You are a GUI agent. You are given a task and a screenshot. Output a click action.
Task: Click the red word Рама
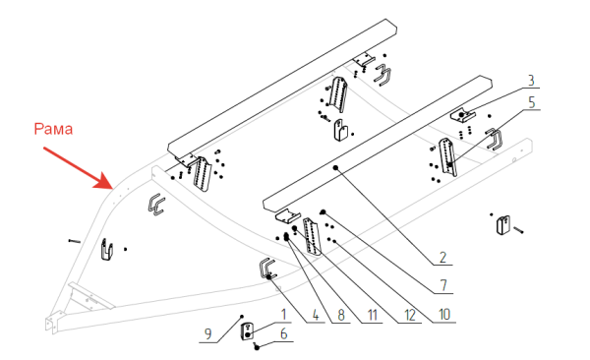pyautogui.click(x=53, y=129)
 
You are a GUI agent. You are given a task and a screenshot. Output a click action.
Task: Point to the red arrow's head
pyautogui.click(x=105, y=180)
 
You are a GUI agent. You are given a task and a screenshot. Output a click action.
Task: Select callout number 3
pyautogui.click(x=531, y=81)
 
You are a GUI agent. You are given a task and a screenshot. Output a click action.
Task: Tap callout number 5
pyautogui.click(x=532, y=102)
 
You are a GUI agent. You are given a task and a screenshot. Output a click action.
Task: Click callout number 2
pyautogui.click(x=442, y=257)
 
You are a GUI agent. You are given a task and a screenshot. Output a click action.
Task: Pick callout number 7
pyautogui.click(x=443, y=285)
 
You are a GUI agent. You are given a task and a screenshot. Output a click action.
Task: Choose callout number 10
pyautogui.click(x=444, y=314)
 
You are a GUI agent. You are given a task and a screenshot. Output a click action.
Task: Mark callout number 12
pyautogui.click(x=410, y=315)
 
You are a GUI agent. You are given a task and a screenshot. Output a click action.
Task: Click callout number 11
pyautogui.click(x=372, y=315)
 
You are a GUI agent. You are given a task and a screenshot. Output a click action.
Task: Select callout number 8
pyautogui.click(x=341, y=315)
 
